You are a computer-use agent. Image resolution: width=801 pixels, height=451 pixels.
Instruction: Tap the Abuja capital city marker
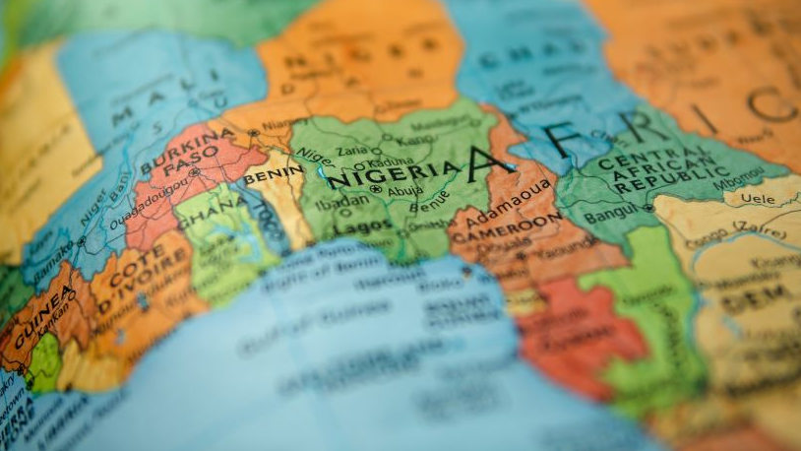pyautogui.click(x=375, y=189)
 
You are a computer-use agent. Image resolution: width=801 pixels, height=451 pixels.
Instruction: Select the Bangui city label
pyautogui.click(x=610, y=216)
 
